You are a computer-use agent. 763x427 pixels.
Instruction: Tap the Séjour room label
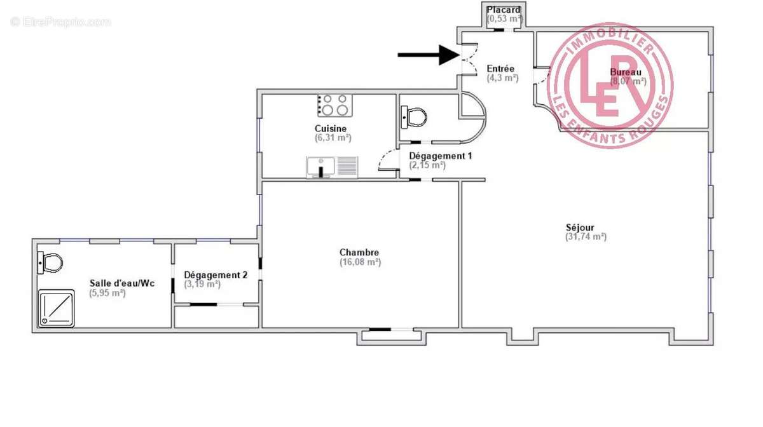pos(580,227)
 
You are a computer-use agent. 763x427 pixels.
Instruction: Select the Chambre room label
pos(359,252)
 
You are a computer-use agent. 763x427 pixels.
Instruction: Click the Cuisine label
pos(334,128)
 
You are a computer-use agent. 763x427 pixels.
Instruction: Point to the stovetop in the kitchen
pos(334,105)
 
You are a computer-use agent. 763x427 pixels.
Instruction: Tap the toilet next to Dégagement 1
pos(414,117)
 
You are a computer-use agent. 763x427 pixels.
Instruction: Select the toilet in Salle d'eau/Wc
pos(50,262)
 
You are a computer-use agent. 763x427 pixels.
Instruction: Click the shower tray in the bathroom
pos(57,308)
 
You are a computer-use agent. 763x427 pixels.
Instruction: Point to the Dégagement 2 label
pos(216,275)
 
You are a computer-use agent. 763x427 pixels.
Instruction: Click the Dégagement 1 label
pos(440,156)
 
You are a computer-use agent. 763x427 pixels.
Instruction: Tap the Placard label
pos(504,10)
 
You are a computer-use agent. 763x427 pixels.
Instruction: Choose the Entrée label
pos(501,69)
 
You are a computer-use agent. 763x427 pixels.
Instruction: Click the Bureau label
pos(626,72)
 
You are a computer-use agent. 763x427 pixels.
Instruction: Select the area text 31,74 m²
pos(586,237)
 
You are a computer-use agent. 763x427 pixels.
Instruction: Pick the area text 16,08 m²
pos(360,262)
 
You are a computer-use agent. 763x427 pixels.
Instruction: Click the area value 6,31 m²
pos(333,137)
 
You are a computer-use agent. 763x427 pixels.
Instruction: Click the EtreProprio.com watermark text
pos(61,22)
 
